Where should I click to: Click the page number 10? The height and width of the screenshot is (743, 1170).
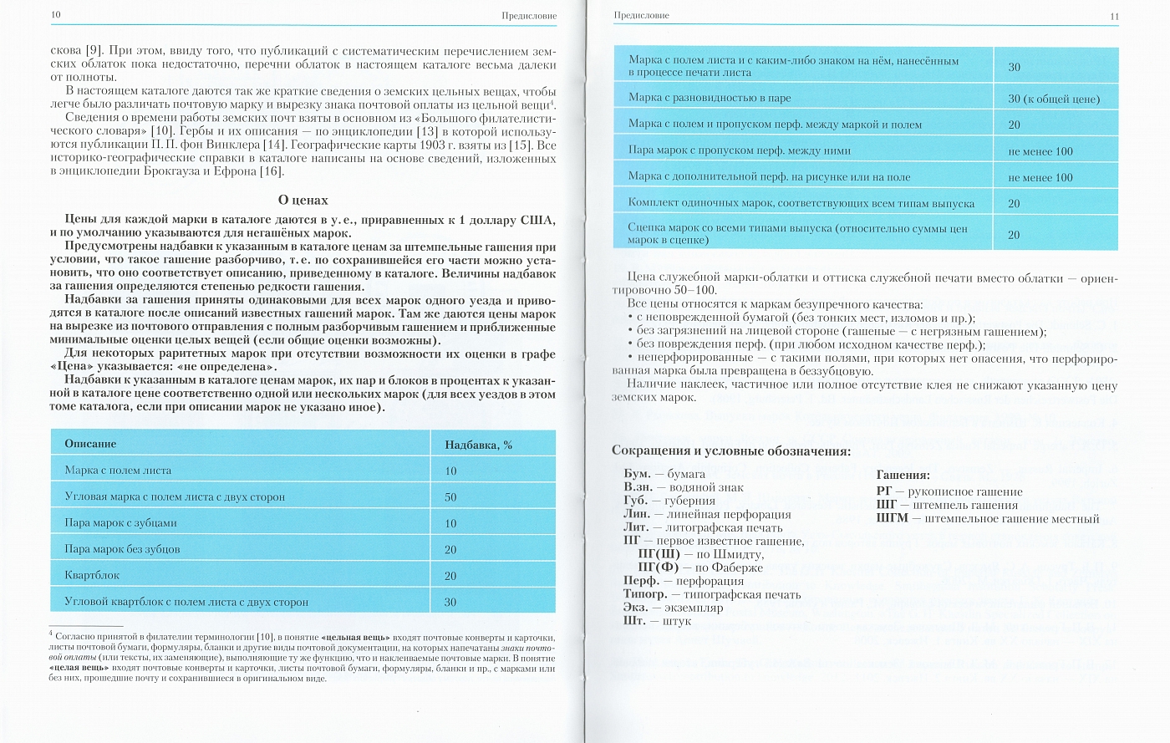coord(55,15)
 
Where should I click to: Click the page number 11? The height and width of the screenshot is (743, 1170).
coord(1113,17)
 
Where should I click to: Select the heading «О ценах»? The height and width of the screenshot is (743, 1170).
coord(303,201)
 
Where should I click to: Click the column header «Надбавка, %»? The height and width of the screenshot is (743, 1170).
coord(478,445)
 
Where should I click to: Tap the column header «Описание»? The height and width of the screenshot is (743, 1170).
coord(90,444)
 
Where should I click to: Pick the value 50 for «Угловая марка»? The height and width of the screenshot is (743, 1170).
coord(450,497)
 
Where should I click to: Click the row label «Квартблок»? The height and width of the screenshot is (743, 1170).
coord(92,576)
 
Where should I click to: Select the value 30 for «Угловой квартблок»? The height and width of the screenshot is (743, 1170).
coord(450,602)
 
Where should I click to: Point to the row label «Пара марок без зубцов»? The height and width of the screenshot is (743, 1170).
coord(122,549)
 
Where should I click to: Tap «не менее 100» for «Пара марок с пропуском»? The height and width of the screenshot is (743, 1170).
coord(1040,151)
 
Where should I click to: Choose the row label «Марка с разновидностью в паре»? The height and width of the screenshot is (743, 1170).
coord(710,98)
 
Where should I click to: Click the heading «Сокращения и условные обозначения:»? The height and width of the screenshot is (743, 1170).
coord(731,451)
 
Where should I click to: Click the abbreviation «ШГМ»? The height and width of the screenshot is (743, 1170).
coord(893,518)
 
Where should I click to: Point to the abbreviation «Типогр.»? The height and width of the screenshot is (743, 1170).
coord(644,594)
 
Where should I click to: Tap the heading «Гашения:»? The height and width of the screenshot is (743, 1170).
coord(903,475)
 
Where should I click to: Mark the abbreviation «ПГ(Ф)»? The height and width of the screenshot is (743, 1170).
coord(659,567)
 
